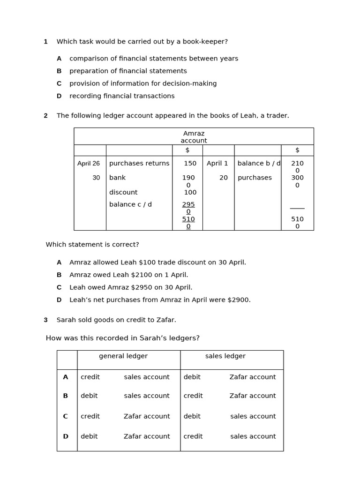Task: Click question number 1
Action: [45, 42]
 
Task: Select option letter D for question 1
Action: [59, 96]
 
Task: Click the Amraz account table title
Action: [194, 137]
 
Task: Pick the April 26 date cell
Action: [89, 164]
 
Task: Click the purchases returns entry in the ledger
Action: [139, 164]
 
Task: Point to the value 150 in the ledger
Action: [190, 164]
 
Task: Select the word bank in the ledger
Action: [117, 178]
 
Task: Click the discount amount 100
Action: [190, 192]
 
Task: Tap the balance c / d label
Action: [130, 204]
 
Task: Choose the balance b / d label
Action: [259, 164]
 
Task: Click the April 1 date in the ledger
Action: [217, 164]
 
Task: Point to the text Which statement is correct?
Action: [92, 245]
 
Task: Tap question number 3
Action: [45, 320]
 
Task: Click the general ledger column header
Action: [123, 356]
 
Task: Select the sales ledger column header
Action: [225, 356]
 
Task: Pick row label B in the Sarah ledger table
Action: [66, 396]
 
